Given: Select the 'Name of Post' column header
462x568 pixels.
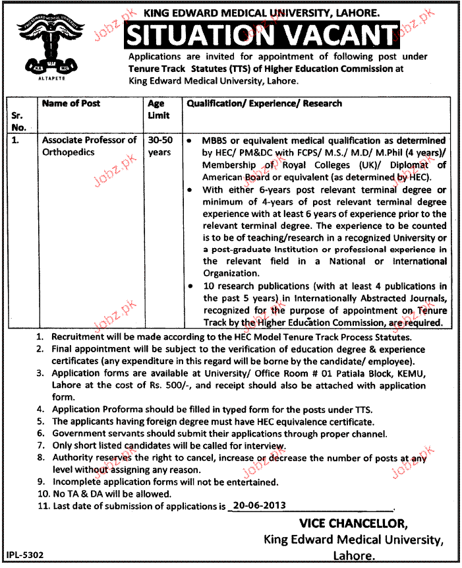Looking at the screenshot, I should point(71,104).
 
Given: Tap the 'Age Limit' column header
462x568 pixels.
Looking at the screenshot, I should point(158,110).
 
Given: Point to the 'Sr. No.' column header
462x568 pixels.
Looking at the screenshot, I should point(19,121).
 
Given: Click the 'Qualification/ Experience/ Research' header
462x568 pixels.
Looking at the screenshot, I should point(265,104).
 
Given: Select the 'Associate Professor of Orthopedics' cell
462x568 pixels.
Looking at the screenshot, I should point(89,146).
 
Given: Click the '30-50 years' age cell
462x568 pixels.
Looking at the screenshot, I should point(159,146).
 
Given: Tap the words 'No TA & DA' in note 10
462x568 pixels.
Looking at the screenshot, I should point(78,494).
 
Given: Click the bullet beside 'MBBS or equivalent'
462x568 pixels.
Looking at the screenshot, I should point(189,141).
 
